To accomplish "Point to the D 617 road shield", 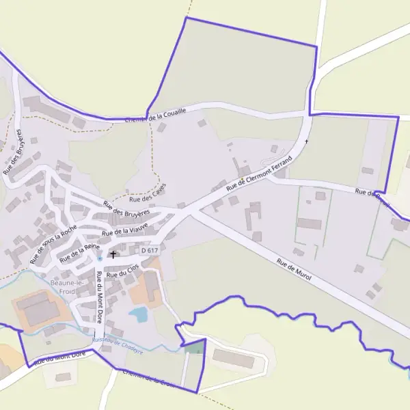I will click(x=149, y=251).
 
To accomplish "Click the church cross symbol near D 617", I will click(x=113, y=255).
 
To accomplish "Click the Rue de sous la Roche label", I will click(x=54, y=245).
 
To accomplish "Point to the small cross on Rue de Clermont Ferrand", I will click(x=307, y=141).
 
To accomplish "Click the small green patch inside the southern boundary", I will click(x=195, y=348).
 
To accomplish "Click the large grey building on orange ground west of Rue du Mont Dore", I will click(x=39, y=310).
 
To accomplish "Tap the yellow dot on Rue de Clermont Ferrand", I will click(x=242, y=179).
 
